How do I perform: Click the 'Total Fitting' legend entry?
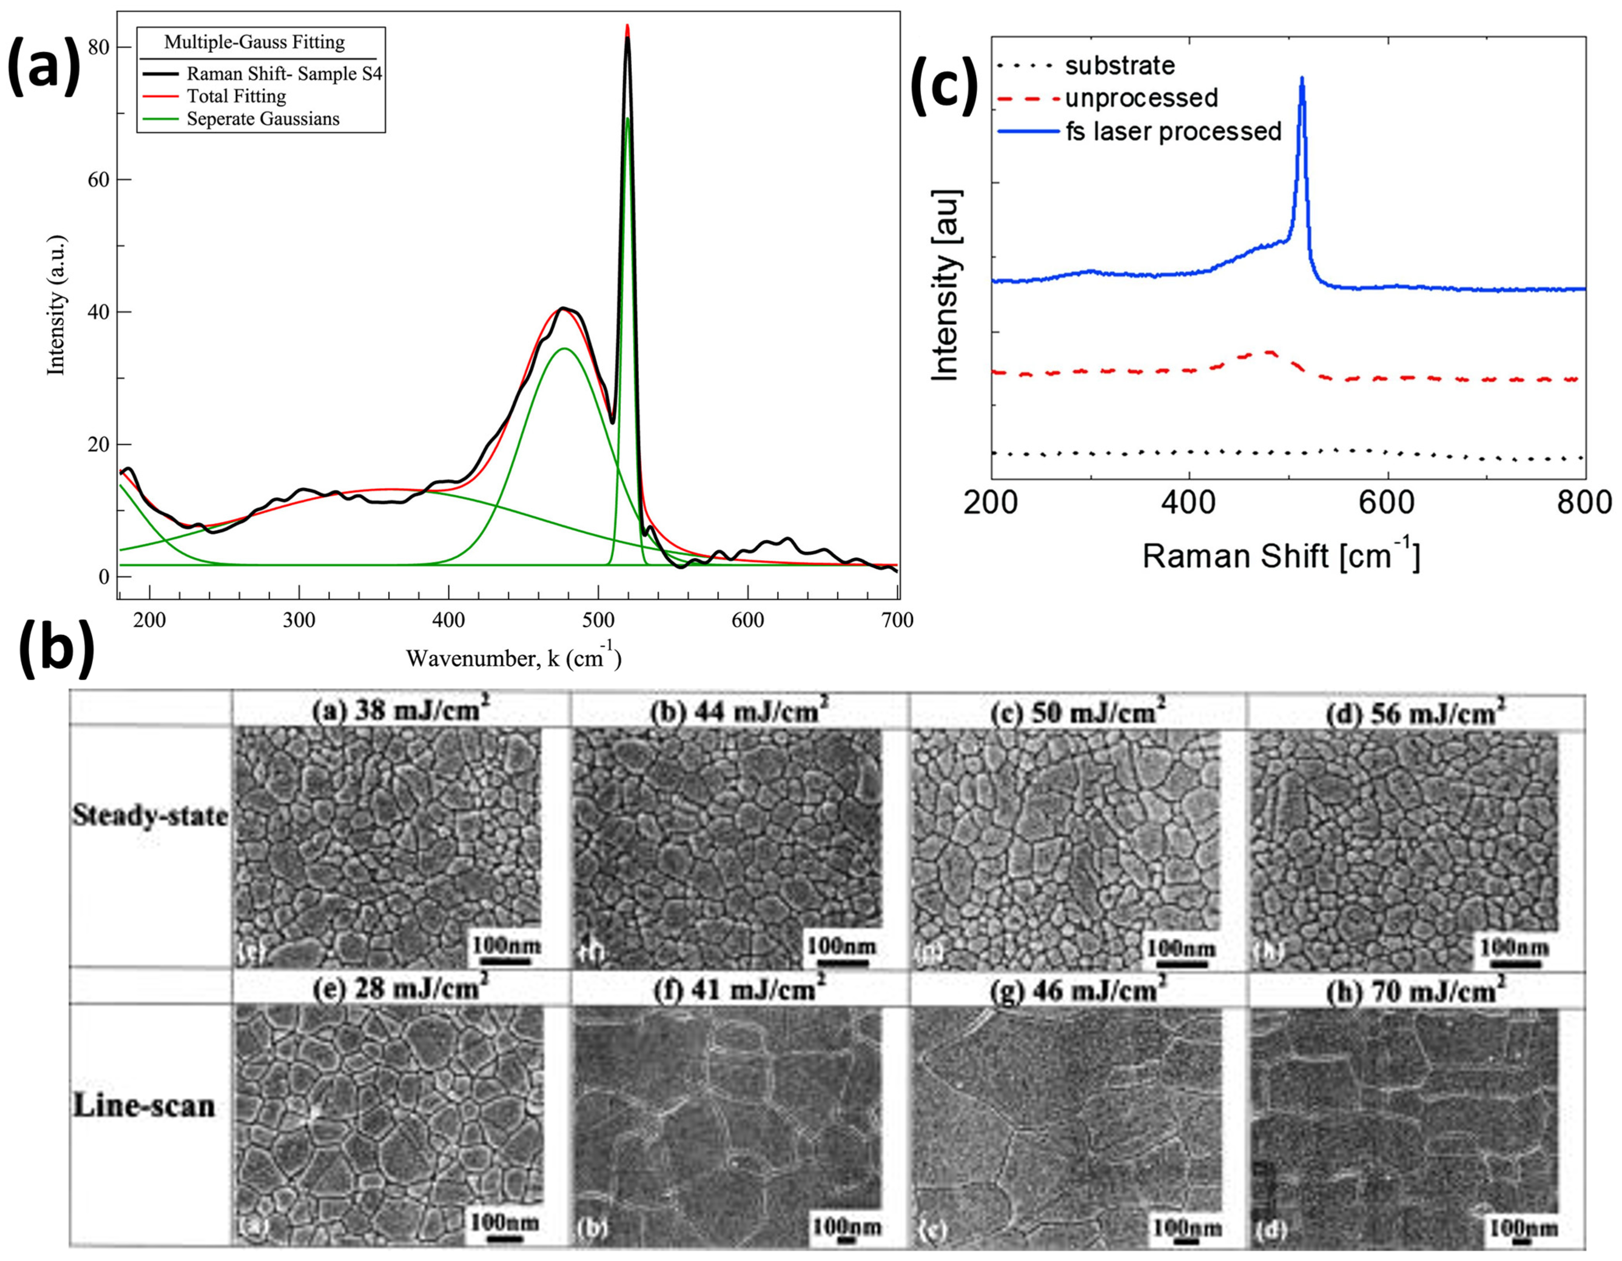click(236, 96)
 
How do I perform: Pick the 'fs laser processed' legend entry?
click(1173, 131)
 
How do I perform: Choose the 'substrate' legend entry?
click(1120, 65)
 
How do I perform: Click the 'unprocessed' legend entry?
click(1141, 98)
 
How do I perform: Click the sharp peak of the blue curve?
click(1302, 79)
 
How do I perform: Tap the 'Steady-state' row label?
click(150, 816)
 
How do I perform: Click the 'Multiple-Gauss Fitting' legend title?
click(255, 42)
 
